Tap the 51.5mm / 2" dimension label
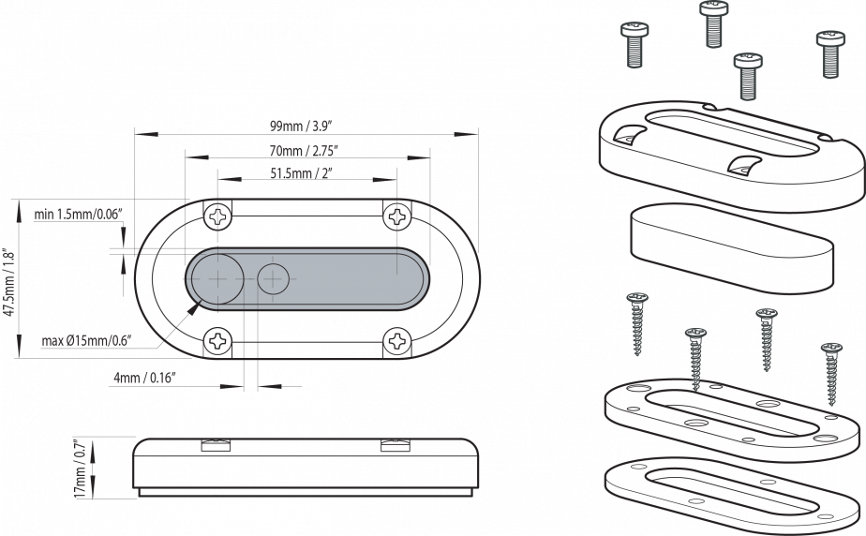pyautogui.click(x=301, y=173)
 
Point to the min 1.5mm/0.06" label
pyautogui.click(x=79, y=215)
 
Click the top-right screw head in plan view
pyautogui.click(x=396, y=216)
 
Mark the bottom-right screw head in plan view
pyautogui.click(x=396, y=340)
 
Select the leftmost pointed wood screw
pyautogui.click(x=637, y=323)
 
